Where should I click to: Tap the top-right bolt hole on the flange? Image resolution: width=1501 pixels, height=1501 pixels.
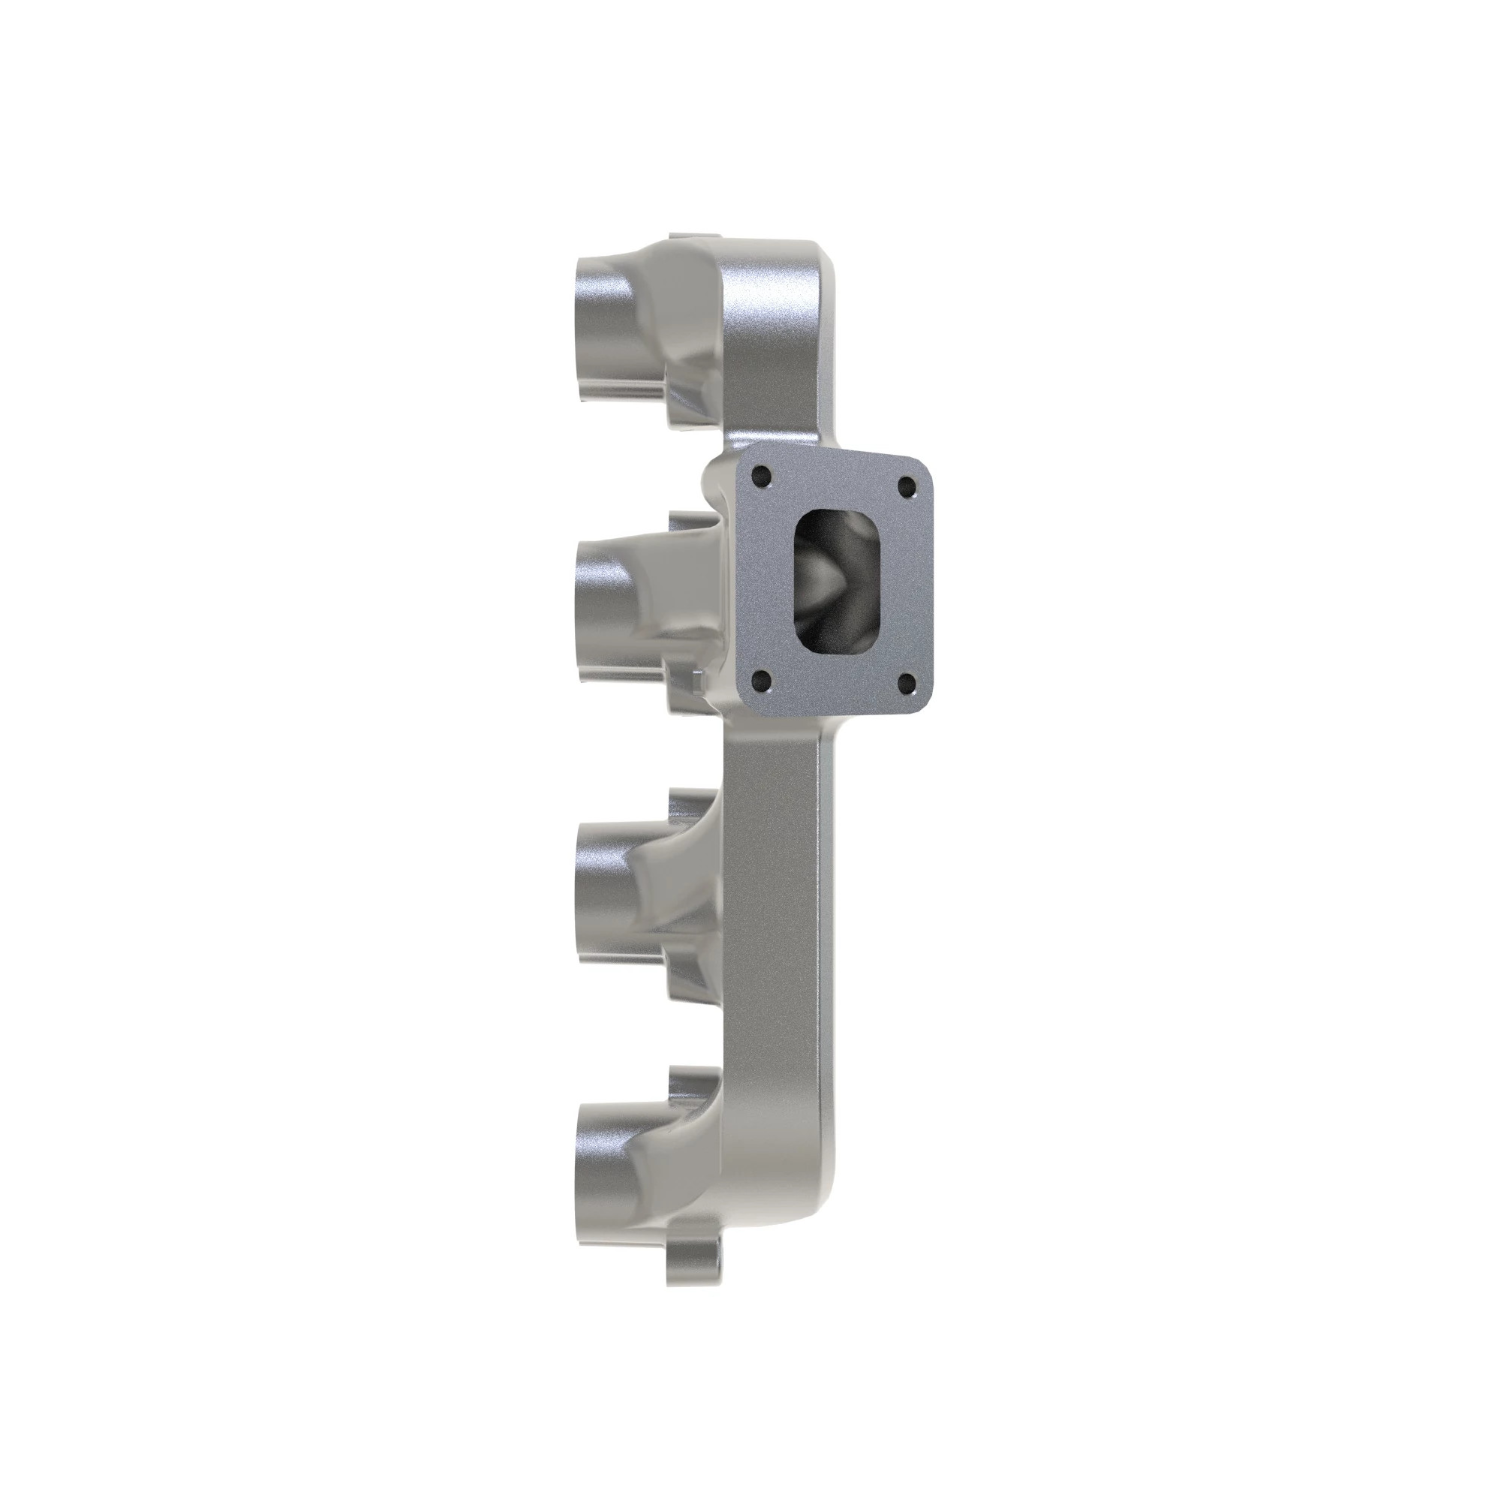(906, 488)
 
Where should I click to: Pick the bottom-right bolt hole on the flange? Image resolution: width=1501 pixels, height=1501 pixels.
(906, 684)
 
